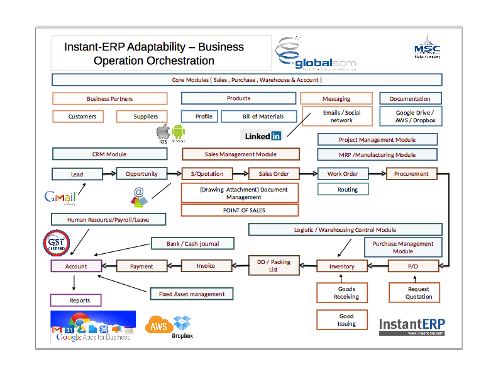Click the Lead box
77,174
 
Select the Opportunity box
141,174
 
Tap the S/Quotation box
207,174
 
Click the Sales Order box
273,174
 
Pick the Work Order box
343,174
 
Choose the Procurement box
411,174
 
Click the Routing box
343,189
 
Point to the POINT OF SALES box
240,210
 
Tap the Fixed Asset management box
192,294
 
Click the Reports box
75,301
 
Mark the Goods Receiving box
346,293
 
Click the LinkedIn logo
263,135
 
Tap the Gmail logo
60,197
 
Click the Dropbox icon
182,324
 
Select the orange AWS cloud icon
157,326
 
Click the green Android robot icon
179,132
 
